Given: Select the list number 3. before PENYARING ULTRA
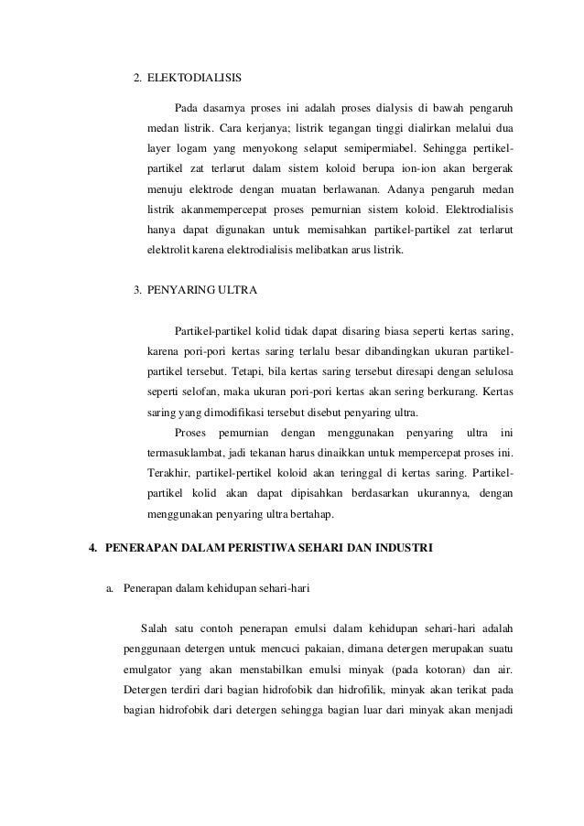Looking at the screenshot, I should pos(138,291).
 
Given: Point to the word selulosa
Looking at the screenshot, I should pos(490,373).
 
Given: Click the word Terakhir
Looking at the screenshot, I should pos(168,473).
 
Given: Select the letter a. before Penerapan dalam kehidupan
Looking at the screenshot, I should pos(111,587).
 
